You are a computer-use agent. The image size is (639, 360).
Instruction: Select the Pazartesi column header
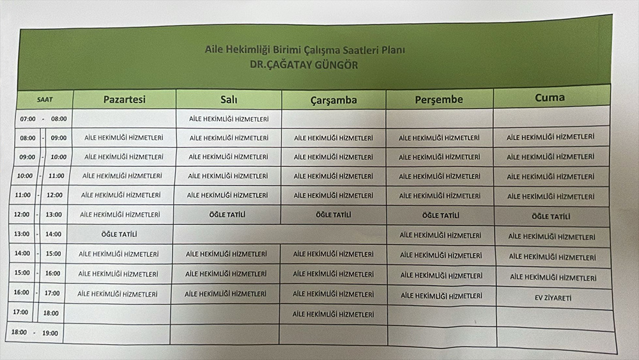click(125, 99)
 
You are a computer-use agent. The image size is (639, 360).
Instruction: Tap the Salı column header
click(228, 99)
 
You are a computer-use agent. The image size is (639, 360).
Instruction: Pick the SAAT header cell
click(45, 99)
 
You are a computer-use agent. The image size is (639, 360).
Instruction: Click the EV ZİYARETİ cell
click(553, 298)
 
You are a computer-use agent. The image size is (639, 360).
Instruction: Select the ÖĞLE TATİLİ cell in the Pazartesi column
click(119, 235)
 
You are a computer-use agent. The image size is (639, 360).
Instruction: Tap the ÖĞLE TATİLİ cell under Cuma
click(551, 217)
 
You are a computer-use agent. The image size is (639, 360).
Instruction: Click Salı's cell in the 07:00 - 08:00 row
click(229, 118)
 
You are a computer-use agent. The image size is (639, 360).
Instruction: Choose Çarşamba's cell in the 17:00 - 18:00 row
click(333, 314)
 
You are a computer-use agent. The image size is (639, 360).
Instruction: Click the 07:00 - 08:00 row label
click(43, 119)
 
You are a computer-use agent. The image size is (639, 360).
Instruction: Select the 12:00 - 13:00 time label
click(38, 215)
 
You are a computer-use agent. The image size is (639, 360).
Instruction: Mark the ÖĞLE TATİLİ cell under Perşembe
click(440, 215)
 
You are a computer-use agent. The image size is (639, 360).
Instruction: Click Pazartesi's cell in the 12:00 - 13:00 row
click(120, 215)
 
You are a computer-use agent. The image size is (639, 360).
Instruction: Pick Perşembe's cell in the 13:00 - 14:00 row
click(440, 235)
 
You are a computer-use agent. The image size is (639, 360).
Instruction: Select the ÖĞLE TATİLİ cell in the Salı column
click(227, 215)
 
